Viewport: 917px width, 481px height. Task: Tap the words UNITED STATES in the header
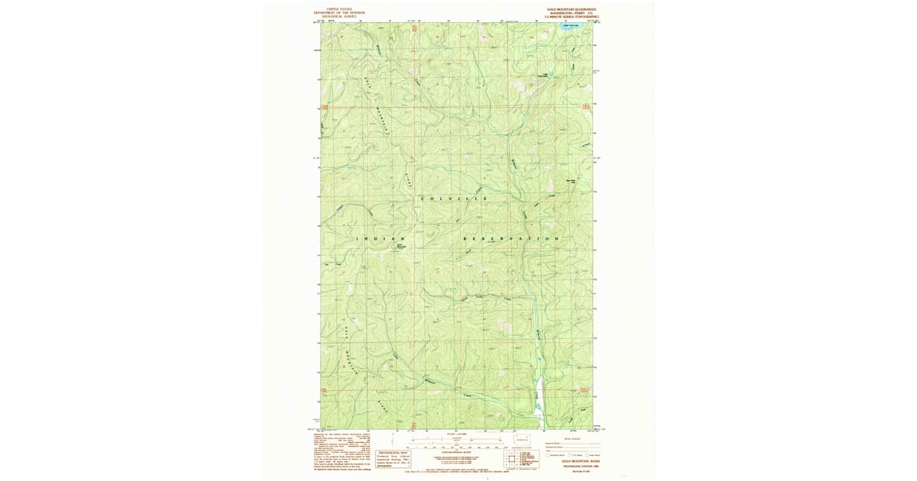pos(340,9)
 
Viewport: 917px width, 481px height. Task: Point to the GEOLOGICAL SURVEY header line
pos(340,16)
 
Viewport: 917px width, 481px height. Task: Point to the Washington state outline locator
pos(523,441)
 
